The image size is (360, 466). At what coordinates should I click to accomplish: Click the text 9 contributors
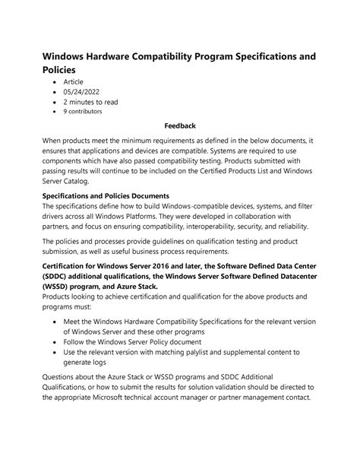[83, 111]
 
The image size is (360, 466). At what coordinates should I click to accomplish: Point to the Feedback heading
[180, 125]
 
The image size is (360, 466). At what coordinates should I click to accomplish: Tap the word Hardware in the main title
[125, 57]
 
